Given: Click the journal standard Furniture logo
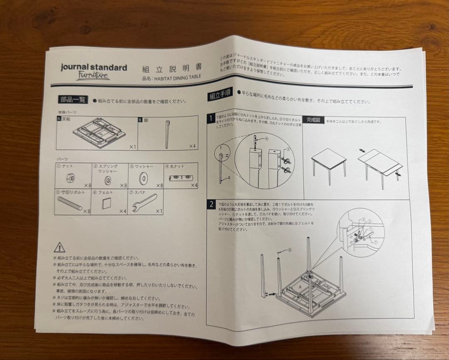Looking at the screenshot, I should point(94,71).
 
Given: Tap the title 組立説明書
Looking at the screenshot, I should point(172,69).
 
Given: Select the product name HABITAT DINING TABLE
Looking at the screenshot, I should point(171,77).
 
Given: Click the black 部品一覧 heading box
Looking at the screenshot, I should point(73,99).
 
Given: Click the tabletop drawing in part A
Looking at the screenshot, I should point(98,132).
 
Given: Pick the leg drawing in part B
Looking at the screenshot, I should point(168,134).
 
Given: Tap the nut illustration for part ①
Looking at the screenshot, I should point(71,178).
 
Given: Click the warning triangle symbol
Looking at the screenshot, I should point(59,248).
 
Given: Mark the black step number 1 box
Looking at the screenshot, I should point(211,119).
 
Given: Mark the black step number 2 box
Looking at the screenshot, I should point(212,205).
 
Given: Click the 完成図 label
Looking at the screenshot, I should point(313,120).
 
